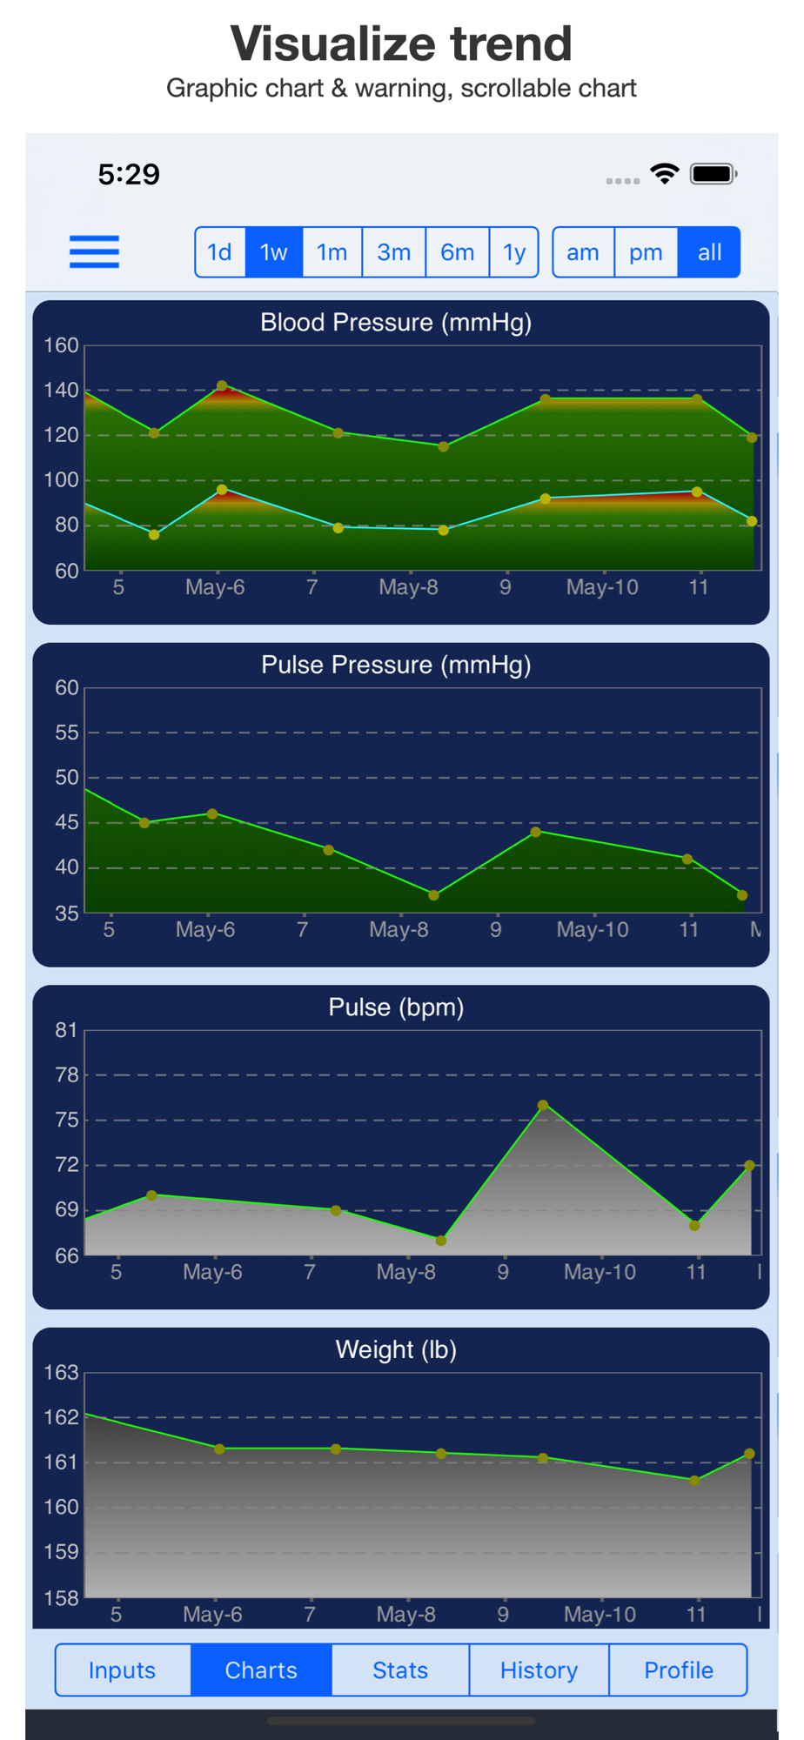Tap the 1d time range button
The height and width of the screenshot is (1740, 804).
click(x=220, y=252)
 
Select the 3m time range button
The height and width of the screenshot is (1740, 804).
click(x=393, y=252)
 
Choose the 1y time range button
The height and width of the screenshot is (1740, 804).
click(x=514, y=252)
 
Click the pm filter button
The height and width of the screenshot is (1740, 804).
click(x=646, y=252)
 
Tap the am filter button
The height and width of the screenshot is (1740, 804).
click(x=583, y=252)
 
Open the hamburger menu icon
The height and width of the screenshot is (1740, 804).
click(x=94, y=251)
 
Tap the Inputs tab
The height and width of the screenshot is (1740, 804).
click(x=122, y=1670)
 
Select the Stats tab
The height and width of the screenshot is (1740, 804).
click(x=400, y=1670)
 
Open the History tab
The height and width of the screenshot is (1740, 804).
click(x=539, y=1670)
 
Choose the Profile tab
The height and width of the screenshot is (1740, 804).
click(x=679, y=1670)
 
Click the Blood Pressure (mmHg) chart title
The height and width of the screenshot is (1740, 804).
click(x=396, y=323)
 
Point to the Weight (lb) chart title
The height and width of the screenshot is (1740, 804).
click(x=396, y=1349)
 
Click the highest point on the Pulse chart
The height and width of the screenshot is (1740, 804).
click(x=543, y=1105)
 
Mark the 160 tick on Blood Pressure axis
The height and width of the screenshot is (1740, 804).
click(x=62, y=345)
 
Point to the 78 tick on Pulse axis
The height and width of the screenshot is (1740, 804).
click(x=67, y=1074)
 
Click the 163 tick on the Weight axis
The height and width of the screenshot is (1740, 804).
click(x=62, y=1372)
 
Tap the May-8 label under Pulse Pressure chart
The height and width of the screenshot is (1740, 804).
click(x=399, y=929)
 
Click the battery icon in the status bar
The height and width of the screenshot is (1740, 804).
click(x=714, y=174)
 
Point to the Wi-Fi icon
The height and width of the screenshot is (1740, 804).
click(x=665, y=174)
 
